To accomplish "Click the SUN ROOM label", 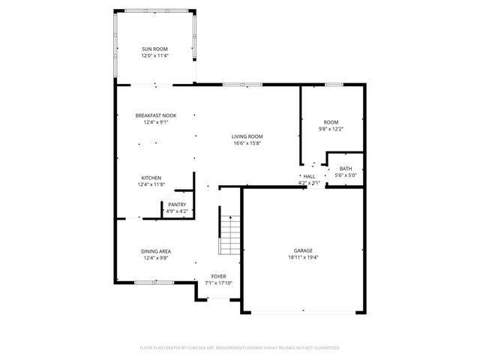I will coord(155,49).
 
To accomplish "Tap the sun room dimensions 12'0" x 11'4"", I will coord(155,55).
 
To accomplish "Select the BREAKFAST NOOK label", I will coord(155,115).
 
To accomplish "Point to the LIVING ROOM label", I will coord(247,136).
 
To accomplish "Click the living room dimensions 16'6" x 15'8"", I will coord(247,143).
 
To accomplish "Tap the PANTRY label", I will coord(177,204).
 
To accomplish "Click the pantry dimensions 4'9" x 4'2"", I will coord(177,211).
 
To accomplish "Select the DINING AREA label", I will coord(155,250).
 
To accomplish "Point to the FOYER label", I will coord(218,276).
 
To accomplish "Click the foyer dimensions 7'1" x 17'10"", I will coord(218,283).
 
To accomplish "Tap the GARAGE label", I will coord(303,250).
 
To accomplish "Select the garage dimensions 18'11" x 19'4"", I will coord(303,256).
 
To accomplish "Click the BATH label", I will coord(345,169).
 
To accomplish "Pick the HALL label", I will coord(309,176).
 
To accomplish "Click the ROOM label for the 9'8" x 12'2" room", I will coord(331,121).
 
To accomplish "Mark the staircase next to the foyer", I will coord(229,233).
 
